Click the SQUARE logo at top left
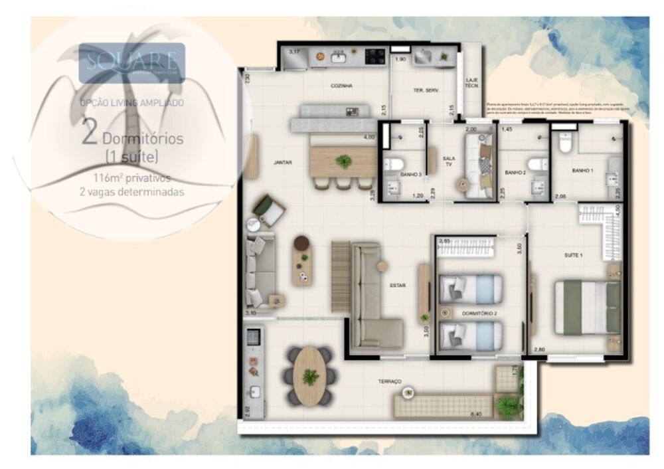131,63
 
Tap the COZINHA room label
341,86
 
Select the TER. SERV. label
427,90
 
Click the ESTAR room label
398,285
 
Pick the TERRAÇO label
390,381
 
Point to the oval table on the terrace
309,376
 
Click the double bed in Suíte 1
588,308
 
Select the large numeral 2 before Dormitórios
90,133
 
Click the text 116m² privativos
131,178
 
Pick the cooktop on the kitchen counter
375,57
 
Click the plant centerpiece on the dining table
344,161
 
